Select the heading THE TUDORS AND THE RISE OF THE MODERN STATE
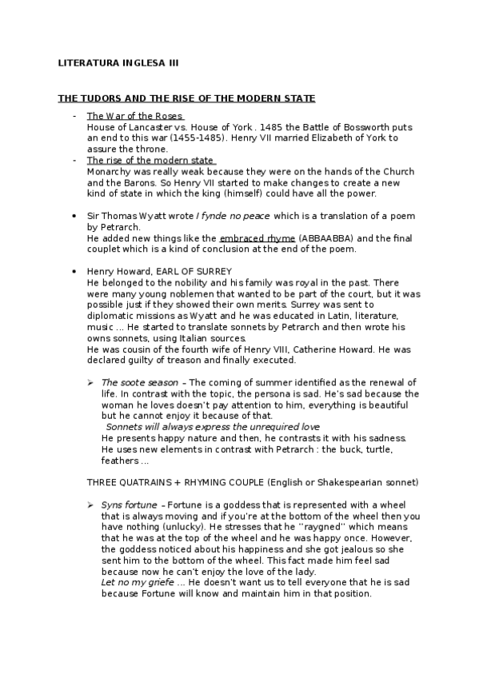tap(186, 98)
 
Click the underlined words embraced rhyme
tap(257, 238)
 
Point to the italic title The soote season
tap(139, 383)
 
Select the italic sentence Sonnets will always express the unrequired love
tap(213, 427)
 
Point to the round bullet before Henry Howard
tap(74, 272)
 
